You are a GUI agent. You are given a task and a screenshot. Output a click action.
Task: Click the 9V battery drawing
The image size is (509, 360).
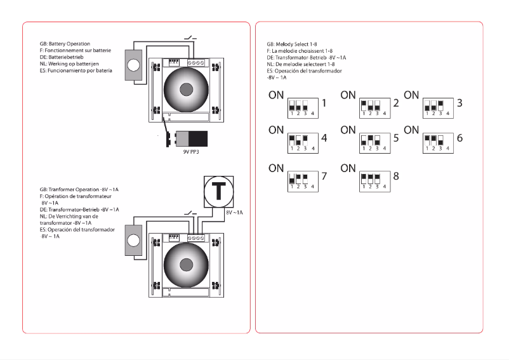pos(190,139)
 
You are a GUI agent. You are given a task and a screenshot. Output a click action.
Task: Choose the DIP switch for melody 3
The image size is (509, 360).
pos(436,107)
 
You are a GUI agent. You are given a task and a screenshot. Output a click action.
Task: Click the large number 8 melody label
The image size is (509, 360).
pos(397,176)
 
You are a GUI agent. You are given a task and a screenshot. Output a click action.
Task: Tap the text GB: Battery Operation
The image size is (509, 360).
pos(65,44)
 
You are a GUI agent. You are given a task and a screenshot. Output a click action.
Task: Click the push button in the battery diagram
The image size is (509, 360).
pos(134,65)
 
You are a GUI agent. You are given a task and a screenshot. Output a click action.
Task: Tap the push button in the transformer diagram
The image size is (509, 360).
pos(134,241)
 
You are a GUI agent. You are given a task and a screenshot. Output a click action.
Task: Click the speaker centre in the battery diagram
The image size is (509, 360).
pos(186,89)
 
